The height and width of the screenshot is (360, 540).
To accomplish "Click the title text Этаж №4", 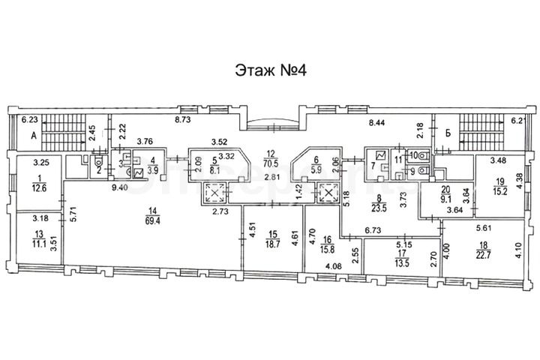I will click(269, 70).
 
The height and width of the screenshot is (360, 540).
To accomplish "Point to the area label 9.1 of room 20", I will click(446, 199).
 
